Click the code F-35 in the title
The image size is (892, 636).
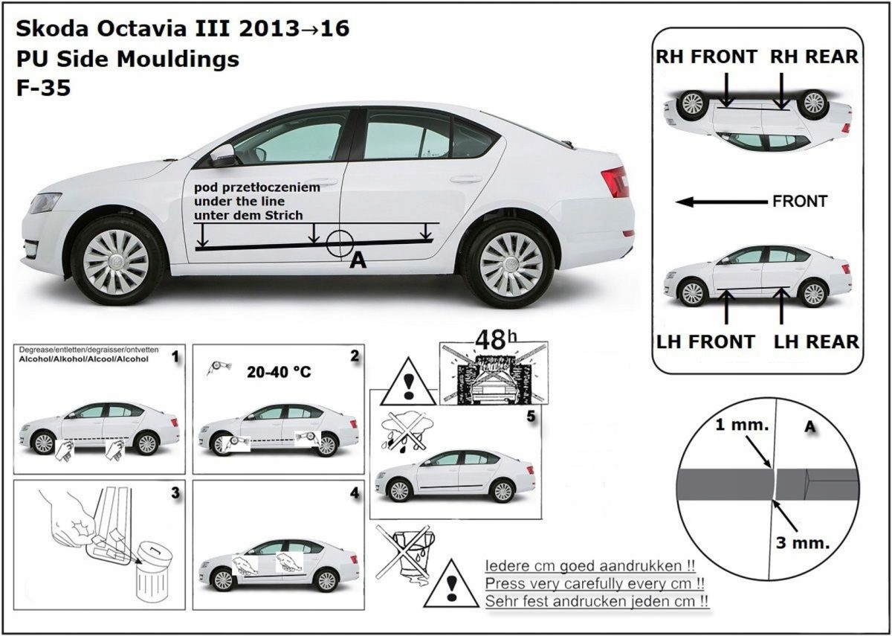[43, 88]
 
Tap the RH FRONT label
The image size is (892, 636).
[706, 57]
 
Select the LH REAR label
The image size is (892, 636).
[816, 341]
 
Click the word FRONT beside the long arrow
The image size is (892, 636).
[799, 202]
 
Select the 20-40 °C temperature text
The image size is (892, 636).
[277, 370]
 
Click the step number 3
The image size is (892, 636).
[175, 492]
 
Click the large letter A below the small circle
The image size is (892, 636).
[357, 261]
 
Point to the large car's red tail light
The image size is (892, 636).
[615, 182]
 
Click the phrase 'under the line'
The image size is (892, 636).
[239, 201]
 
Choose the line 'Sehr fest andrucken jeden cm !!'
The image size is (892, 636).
[596, 600]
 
